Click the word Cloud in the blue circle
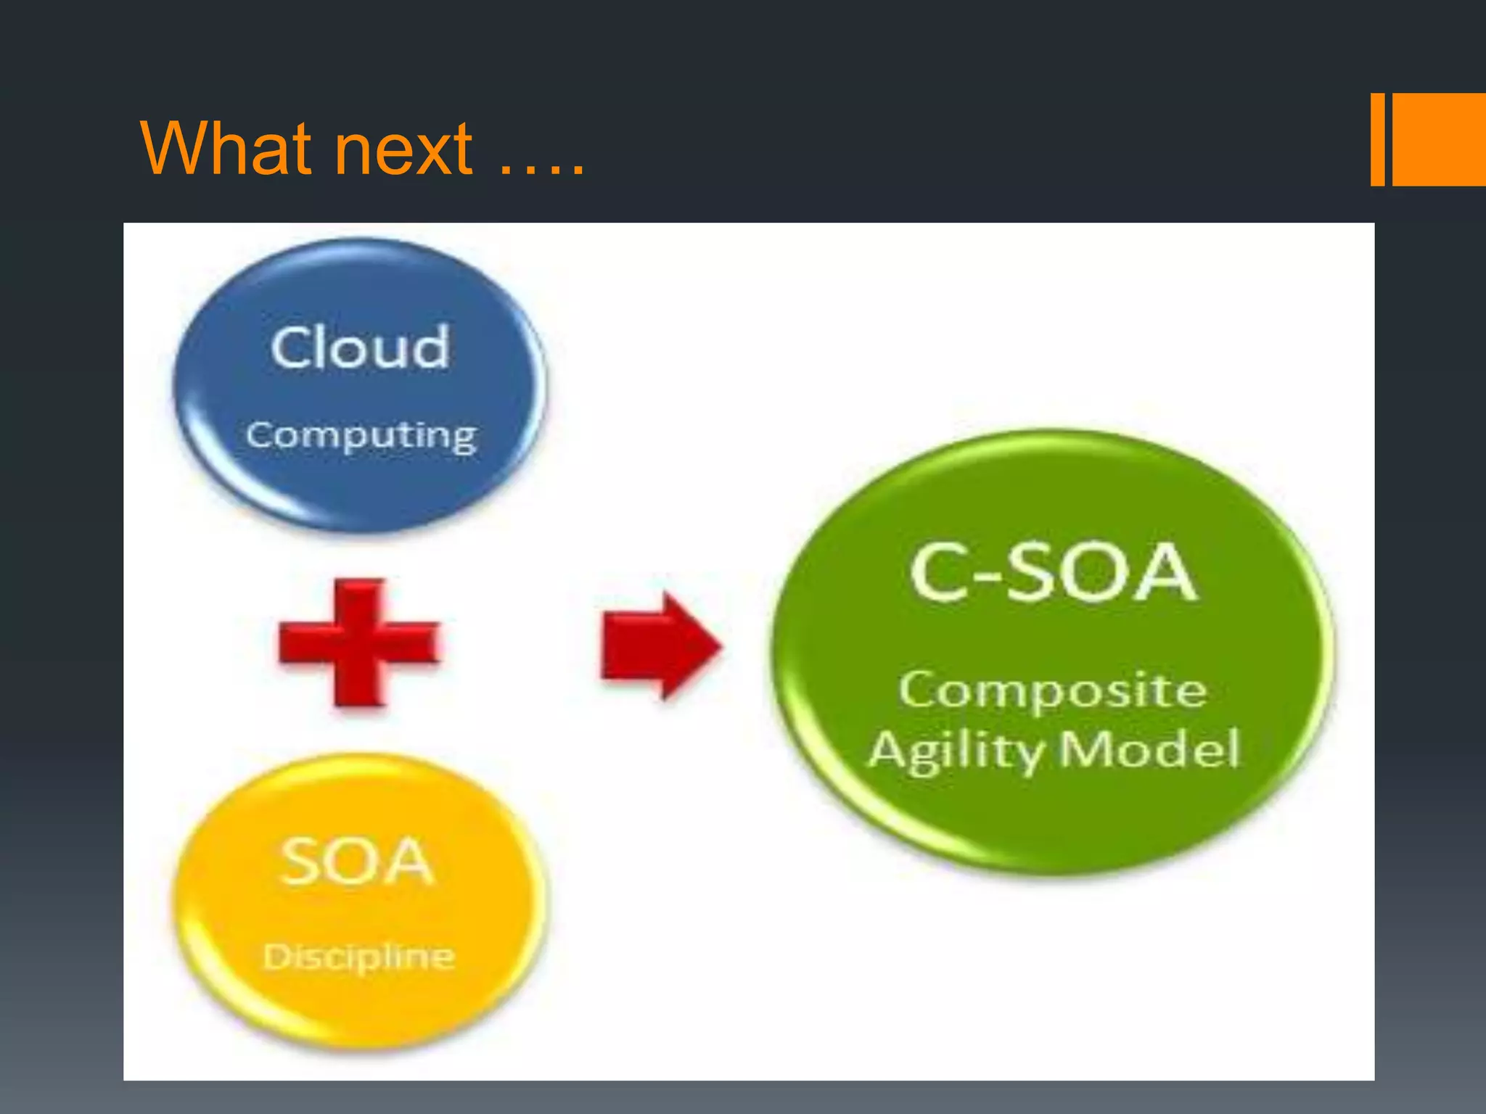pyautogui.click(x=361, y=347)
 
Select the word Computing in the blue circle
pyautogui.click(x=361, y=437)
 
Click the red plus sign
pyautogui.click(x=359, y=643)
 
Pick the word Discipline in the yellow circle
pyautogui.click(x=358, y=957)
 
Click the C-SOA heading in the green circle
pyautogui.click(x=1052, y=572)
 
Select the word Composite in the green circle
pyautogui.click(x=1053, y=690)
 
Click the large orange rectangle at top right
pyautogui.click(x=1439, y=139)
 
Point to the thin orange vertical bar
pyautogui.click(x=1377, y=139)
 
